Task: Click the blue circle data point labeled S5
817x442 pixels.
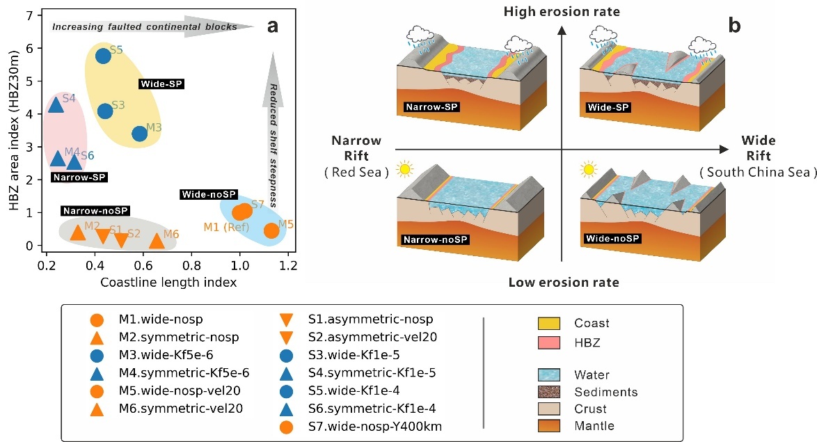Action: tap(103, 55)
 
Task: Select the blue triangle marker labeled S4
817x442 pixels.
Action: tap(56, 105)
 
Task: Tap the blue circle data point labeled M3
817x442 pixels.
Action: tap(139, 134)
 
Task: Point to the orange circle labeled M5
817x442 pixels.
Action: tap(271, 230)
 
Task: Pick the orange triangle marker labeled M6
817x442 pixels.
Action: tap(157, 241)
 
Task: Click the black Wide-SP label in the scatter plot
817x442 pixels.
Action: tap(161, 84)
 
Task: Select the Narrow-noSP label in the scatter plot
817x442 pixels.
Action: tap(95, 211)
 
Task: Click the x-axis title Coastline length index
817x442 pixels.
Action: tap(168, 283)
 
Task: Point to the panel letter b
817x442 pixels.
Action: tap(734, 25)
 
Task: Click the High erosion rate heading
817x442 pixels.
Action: tap(562, 11)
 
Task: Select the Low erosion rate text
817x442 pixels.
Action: tap(564, 283)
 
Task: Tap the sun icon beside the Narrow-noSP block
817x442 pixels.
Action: tap(404, 169)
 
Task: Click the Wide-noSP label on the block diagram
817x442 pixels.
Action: tap(612, 239)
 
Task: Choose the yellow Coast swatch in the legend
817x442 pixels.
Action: tap(548, 323)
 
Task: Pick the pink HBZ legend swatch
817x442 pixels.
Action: tap(548, 342)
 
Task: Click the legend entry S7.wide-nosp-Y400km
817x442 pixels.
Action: tap(374, 427)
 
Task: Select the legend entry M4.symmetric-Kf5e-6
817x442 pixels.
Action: tap(184, 372)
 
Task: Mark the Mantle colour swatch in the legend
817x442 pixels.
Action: tap(548, 426)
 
